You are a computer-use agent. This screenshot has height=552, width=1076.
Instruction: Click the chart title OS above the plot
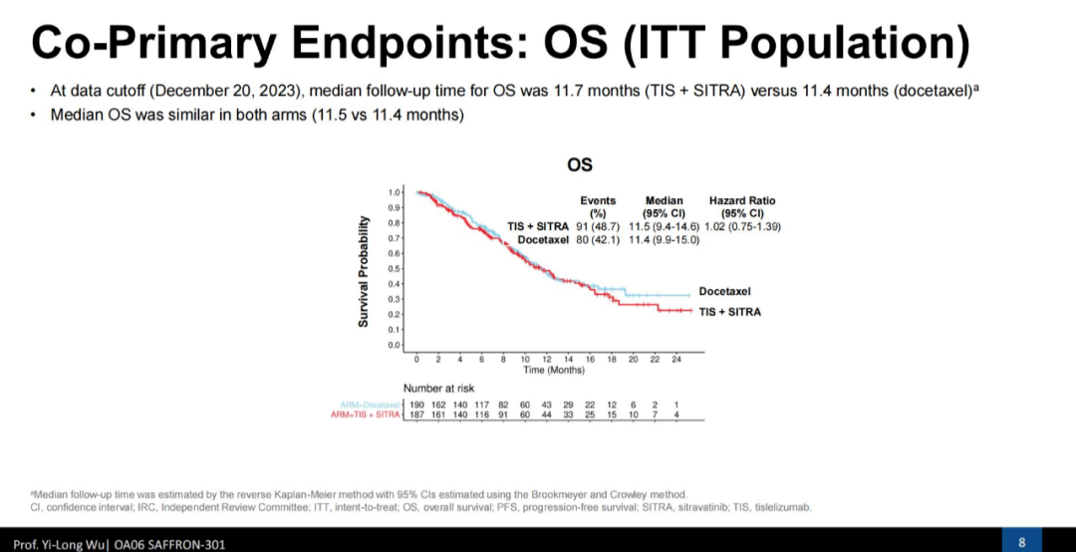coord(580,164)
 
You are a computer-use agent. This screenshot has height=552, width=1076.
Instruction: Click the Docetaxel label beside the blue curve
coord(724,292)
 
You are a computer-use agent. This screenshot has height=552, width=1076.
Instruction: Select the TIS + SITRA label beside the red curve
coord(729,312)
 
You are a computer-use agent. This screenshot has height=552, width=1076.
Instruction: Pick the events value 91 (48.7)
coord(598,226)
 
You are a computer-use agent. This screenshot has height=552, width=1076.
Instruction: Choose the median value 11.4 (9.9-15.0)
coord(664,239)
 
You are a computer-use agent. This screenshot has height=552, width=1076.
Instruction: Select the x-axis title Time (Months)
coord(554,370)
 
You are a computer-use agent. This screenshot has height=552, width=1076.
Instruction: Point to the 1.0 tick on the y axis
coord(395,191)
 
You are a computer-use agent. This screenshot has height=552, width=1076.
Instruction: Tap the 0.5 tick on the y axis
coord(395,268)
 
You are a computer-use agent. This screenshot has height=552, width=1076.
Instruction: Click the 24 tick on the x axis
coord(676,358)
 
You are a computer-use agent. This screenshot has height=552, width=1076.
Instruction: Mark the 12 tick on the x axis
coord(547,358)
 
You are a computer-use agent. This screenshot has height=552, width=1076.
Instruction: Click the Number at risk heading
coord(438,388)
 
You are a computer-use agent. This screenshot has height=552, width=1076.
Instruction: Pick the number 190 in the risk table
coord(416,404)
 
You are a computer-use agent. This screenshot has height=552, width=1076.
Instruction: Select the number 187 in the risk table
coord(416,414)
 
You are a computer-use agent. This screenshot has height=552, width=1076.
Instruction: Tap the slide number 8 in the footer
coord(1021,541)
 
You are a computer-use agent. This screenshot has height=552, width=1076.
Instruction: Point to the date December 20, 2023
coord(228,92)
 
